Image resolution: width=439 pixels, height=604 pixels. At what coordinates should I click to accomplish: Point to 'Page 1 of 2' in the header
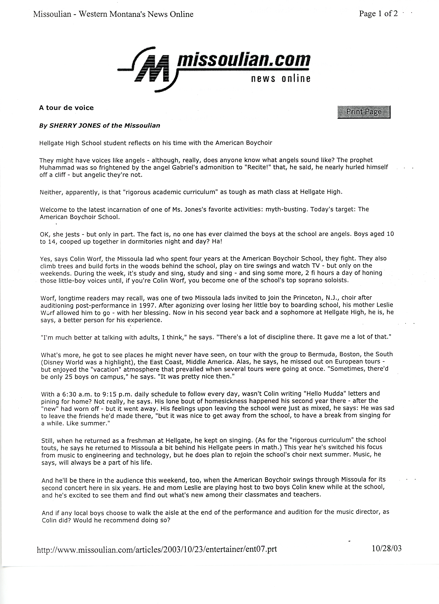[378, 14]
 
